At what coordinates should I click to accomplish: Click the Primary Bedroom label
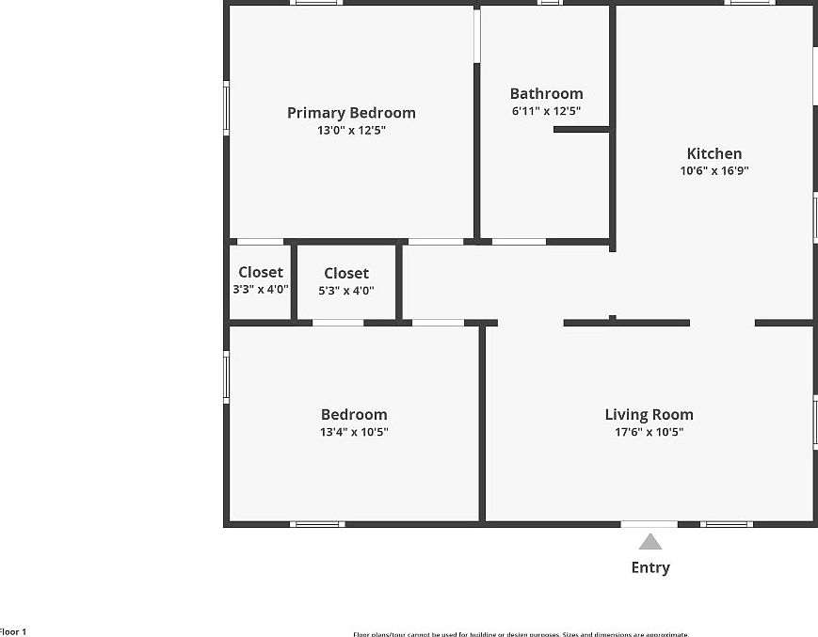click(x=351, y=113)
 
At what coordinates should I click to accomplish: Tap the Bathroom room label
click(x=546, y=93)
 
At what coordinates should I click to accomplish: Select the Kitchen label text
click(x=714, y=153)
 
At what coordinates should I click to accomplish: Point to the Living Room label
click(x=649, y=414)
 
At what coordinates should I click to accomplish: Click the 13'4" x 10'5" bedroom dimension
click(x=354, y=432)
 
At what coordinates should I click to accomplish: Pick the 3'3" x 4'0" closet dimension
click(x=261, y=290)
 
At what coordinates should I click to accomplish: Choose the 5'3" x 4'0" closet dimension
click(x=346, y=290)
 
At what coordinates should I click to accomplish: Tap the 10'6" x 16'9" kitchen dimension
click(x=714, y=171)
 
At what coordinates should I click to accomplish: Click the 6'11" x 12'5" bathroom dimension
click(x=546, y=111)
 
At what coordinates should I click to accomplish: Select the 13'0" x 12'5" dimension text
click(x=351, y=131)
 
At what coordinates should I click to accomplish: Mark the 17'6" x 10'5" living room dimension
click(x=649, y=432)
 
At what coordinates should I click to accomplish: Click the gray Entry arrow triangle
click(x=650, y=542)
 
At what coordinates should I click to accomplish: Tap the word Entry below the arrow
click(x=650, y=567)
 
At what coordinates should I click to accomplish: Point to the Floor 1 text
click(x=13, y=631)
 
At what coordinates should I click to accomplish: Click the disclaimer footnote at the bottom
click(x=521, y=634)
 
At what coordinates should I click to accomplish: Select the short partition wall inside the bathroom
click(x=581, y=129)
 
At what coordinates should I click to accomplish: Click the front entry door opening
click(x=649, y=523)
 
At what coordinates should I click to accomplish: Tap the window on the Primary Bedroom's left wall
click(x=226, y=108)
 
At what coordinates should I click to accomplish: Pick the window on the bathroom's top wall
click(x=550, y=3)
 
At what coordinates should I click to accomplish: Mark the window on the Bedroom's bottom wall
click(x=316, y=523)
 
